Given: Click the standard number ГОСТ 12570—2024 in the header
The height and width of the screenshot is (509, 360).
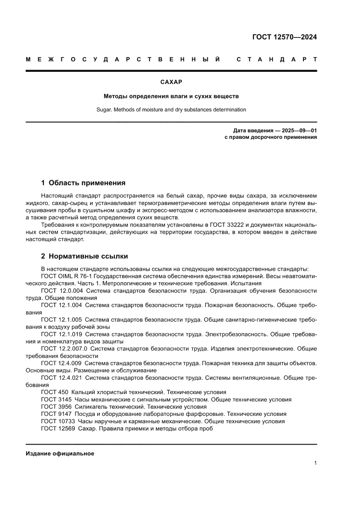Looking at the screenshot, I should [x=284, y=37].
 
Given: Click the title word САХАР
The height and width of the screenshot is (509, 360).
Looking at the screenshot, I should [x=171, y=82].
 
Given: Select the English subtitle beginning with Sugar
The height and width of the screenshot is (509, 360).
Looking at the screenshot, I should [x=171, y=110].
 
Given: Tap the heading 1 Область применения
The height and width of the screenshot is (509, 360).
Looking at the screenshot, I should [x=83, y=183].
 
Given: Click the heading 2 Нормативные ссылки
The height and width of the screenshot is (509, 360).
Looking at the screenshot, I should [x=84, y=256].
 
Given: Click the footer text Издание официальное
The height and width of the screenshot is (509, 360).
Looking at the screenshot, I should [x=60, y=454].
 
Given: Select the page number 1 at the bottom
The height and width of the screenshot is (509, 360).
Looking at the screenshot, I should [x=315, y=463].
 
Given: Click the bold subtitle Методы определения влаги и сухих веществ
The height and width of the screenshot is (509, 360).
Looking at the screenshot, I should [x=171, y=96].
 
